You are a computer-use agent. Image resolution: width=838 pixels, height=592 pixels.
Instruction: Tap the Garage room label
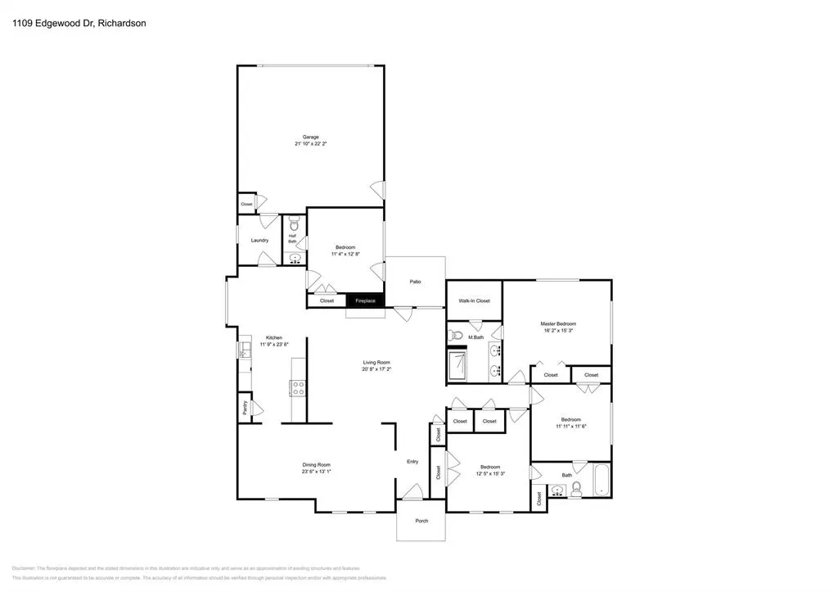point(310,137)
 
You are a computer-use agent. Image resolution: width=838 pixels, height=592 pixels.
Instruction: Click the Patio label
point(415,282)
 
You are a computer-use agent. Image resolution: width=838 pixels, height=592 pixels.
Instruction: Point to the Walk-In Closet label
point(474,301)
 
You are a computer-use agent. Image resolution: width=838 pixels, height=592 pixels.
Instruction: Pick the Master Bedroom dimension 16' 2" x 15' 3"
point(556,331)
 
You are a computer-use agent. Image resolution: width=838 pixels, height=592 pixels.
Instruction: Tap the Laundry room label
point(259,240)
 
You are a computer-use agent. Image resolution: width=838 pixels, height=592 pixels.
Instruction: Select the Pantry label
point(244,406)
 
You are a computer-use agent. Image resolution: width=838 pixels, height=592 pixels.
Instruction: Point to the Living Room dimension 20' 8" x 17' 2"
point(376,369)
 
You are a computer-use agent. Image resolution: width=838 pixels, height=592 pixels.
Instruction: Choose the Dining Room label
point(316,464)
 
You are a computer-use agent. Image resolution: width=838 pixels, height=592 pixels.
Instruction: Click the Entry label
point(412,461)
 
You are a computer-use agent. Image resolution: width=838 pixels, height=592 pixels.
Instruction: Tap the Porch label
point(421,521)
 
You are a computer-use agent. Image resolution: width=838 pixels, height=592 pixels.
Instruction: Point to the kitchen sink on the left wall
point(243,350)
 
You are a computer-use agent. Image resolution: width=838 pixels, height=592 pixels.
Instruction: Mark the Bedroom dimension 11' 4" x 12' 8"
point(346,254)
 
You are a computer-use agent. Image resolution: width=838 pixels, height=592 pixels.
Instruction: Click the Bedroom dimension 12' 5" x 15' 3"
point(489,473)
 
